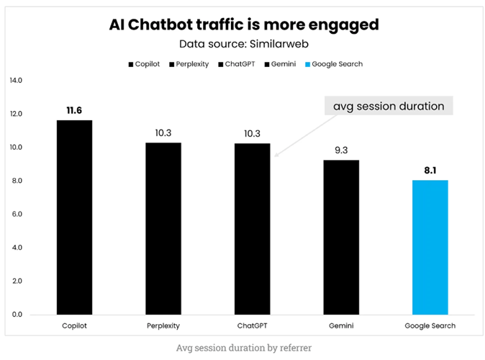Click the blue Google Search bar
430,247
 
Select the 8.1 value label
430,169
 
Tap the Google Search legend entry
334,64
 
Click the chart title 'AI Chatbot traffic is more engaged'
243,24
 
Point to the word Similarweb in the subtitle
276,44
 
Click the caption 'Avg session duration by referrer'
242,347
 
